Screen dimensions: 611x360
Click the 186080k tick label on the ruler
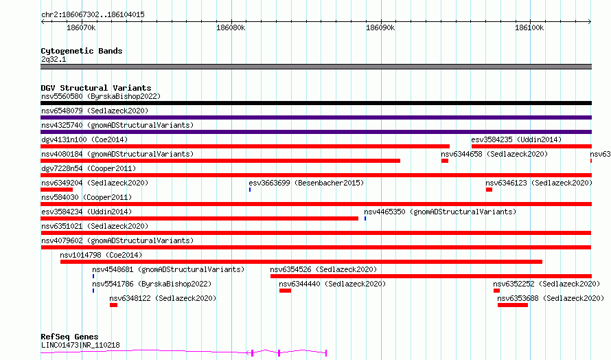pos(231,27)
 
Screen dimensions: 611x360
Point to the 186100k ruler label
pos(529,27)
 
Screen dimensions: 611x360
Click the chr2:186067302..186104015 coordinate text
pos(93,14)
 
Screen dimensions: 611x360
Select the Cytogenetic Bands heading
pos(82,51)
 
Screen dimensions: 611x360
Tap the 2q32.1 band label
pos(54,59)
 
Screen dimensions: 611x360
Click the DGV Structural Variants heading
pos(96,88)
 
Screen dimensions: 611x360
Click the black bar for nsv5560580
pos(316,103)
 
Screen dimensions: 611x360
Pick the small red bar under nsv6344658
pos(445,161)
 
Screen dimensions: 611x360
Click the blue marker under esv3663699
pos(250,190)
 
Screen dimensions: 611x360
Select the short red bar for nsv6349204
pos(56,190)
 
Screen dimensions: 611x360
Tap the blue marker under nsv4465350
pos(365,218)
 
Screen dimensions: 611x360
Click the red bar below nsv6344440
pos(285,291)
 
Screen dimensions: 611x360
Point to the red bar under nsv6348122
pos(113,305)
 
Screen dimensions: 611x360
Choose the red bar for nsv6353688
pos(513,305)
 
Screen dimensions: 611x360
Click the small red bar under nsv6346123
pos(489,190)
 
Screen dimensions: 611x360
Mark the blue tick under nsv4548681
pos(93,276)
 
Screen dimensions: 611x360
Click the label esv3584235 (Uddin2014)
pos(516,139)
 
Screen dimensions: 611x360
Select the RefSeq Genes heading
pos(69,337)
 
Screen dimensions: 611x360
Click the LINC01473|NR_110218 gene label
pos(80,345)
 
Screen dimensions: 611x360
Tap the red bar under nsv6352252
pos(496,291)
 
